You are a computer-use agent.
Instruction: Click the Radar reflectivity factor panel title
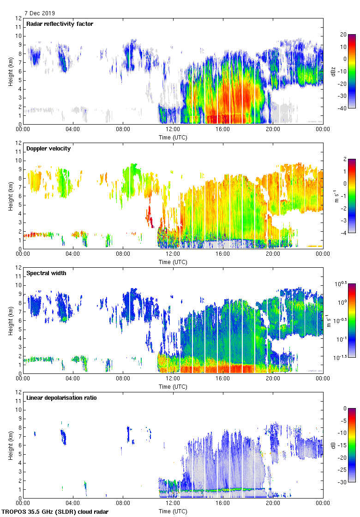[60, 24]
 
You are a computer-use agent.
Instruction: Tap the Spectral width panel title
[46, 273]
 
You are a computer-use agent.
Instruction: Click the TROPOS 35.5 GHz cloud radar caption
[55, 512]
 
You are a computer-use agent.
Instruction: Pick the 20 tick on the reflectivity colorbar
[343, 35]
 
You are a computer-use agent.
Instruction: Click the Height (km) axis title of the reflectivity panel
[10, 72]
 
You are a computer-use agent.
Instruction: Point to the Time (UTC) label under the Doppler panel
[173, 262]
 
